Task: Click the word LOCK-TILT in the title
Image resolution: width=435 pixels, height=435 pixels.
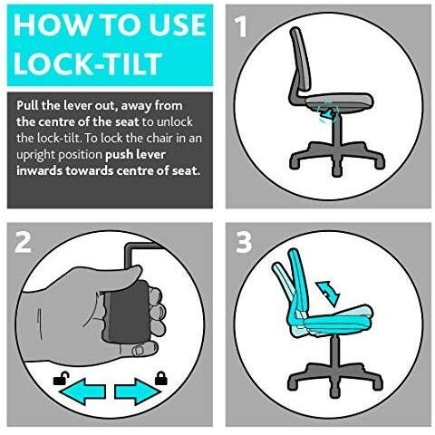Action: tap(88, 63)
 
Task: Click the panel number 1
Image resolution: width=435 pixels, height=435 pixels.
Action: tap(240, 26)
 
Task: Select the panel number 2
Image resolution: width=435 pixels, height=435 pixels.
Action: tap(23, 242)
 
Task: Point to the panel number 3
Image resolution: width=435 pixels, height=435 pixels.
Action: tap(244, 242)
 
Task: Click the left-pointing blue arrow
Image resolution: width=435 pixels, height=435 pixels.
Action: tap(82, 391)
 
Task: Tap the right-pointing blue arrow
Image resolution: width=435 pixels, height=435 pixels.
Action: tap(138, 391)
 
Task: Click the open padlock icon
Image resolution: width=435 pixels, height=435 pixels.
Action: tap(61, 379)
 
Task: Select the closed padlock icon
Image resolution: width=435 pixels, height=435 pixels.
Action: tap(161, 378)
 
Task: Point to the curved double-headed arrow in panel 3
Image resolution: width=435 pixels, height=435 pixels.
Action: tap(328, 292)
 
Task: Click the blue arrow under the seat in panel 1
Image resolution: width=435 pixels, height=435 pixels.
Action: tap(325, 115)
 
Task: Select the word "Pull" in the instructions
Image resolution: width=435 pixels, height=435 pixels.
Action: tap(28, 106)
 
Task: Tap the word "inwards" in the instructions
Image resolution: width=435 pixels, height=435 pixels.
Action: tap(40, 171)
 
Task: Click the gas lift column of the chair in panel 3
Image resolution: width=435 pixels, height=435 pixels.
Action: tap(333, 350)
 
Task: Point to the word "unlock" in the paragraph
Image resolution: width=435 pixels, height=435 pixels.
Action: tap(175, 122)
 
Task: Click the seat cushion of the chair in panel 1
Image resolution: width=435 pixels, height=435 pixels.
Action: tap(340, 101)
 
